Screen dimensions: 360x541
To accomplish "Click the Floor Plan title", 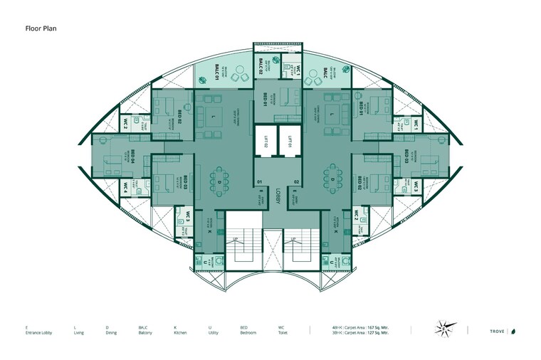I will (x=41, y=29).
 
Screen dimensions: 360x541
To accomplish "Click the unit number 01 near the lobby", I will (x=261, y=182).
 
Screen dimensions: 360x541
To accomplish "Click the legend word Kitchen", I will (x=180, y=332).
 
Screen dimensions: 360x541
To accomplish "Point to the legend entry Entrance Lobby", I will (x=36, y=332).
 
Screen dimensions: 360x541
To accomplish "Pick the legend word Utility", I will (x=213, y=332).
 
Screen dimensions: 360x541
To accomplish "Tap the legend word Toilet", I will (x=283, y=332).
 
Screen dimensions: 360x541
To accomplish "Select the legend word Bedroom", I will (x=248, y=332).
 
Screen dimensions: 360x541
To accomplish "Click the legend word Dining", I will (x=110, y=332).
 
